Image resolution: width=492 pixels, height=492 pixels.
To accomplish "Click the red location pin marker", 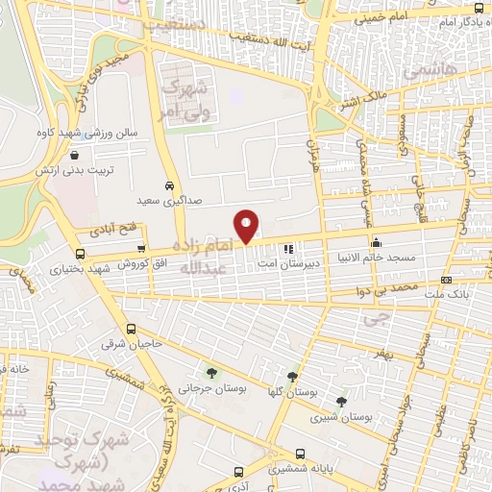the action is click(247, 226).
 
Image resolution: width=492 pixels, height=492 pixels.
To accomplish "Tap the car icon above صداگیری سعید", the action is click(169, 184).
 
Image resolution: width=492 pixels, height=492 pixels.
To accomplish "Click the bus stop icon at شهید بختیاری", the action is click(79, 255).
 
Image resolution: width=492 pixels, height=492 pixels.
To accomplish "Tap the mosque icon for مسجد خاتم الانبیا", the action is click(376, 242).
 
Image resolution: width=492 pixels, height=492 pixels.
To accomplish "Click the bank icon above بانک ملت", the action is click(446, 279).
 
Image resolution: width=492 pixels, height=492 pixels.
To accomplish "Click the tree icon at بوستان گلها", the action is click(292, 376).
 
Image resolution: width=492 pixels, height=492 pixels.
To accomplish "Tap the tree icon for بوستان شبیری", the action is click(342, 401).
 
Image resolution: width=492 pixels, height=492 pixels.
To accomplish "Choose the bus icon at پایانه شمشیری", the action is click(274, 455).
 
